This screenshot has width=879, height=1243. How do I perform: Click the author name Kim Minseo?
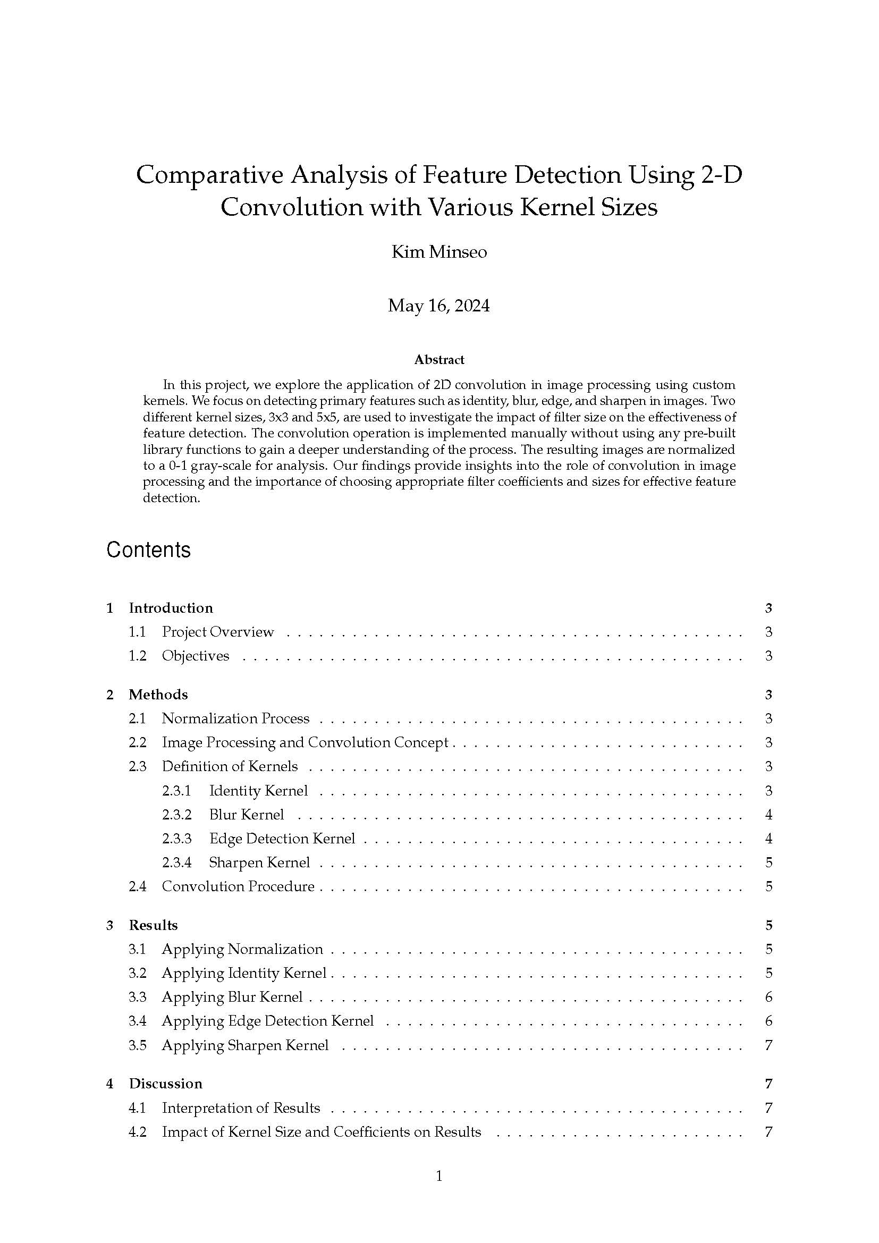pyautogui.click(x=439, y=252)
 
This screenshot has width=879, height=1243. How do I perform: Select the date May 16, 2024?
pyautogui.click(x=439, y=306)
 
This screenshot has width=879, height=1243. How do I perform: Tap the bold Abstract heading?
pyautogui.click(x=439, y=359)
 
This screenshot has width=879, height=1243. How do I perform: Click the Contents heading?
pyautogui.click(x=148, y=549)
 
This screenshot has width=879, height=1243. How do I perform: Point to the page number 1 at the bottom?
pyautogui.click(x=439, y=1176)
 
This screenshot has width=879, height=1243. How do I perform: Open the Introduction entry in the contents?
pyautogui.click(x=171, y=608)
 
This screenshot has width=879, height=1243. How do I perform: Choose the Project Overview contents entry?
pyautogui.click(x=217, y=632)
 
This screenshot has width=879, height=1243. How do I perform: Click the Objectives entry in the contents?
pyautogui.click(x=196, y=656)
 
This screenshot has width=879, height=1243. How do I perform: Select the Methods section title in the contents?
pyautogui.click(x=158, y=695)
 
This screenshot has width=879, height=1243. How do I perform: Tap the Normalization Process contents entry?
pyautogui.click(x=235, y=718)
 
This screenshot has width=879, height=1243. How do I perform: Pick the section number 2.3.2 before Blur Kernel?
pyautogui.click(x=176, y=815)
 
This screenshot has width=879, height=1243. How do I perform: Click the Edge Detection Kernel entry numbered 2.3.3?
pyautogui.click(x=282, y=839)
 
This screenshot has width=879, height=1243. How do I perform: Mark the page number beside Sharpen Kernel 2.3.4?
pyautogui.click(x=768, y=863)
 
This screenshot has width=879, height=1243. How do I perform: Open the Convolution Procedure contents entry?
pyautogui.click(x=238, y=886)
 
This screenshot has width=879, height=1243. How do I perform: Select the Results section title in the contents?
pyautogui.click(x=153, y=925)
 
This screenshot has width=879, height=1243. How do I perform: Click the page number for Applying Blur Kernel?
pyautogui.click(x=768, y=996)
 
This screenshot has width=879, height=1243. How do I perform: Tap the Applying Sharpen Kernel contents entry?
pyautogui.click(x=244, y=1045)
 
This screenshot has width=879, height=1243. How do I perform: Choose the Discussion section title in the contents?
pyautogui.click(x=165, y=1083)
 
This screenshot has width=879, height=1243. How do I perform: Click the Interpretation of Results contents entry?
pyautogui.click(x=241, y=1108)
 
